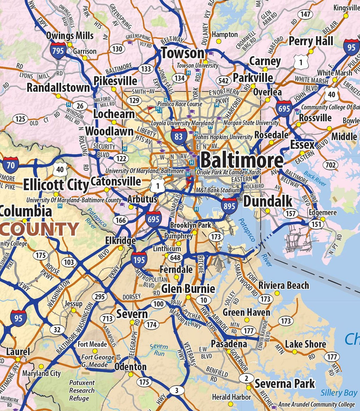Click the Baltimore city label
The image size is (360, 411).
click(x=242, y=161)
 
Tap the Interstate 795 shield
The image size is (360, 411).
click(x=58, y=51)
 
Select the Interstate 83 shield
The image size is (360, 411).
click(x=179, y=136)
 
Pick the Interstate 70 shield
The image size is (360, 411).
click(x=11, y=165)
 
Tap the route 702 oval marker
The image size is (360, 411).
click(x=330, y=165)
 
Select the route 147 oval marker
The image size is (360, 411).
click(x=305, y=14)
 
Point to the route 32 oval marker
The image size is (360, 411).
click(x=57, y=329)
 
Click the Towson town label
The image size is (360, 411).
click(x=183, y=53)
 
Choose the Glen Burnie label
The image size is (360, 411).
click(x=188, y=288)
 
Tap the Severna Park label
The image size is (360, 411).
click(x=285, y=384)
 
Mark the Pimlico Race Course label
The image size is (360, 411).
click(x=180, y=104)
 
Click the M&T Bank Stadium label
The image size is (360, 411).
click(x=217, y=190)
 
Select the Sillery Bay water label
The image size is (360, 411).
click(x=339, y=393)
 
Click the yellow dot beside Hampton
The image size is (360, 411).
click(x=219, y=41)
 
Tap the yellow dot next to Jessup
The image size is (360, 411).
click(x=73, y=310)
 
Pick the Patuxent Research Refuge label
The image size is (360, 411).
click(x=82, y=390)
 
